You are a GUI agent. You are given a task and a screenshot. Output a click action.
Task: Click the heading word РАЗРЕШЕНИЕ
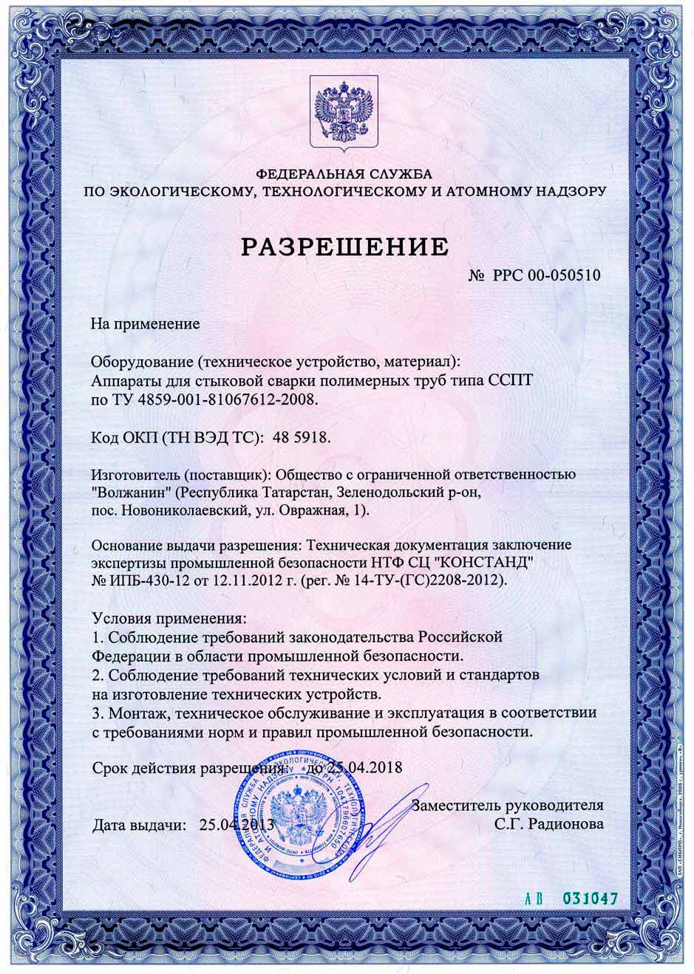pyautogui.click(x=344, y=246)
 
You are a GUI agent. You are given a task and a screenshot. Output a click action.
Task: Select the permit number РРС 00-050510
pyautogui.click(x=546, y=275)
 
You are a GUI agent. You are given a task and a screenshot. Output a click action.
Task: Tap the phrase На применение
pyautogui.click(x=146, y=323)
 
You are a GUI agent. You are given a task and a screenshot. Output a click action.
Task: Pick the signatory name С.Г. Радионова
pyautogui.click(x=551, y=823)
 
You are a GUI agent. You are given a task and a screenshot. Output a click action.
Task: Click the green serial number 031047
pyautogui.click(x=590, y=899)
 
